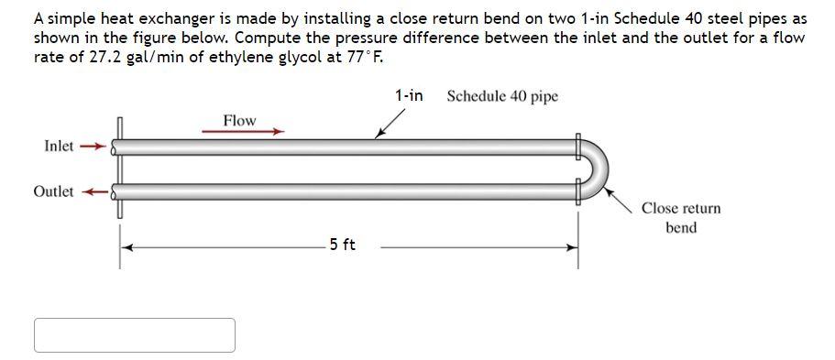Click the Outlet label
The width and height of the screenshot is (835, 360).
(x=53, y=191)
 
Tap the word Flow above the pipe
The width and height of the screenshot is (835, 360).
(x=240, y=120)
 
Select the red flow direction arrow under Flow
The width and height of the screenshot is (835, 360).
(x=243, y=132)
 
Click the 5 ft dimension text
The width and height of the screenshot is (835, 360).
(x=343, y=245)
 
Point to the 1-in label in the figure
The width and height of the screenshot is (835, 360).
(x=409, y=95)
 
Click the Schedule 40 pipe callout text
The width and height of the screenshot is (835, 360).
(x=502, y=96)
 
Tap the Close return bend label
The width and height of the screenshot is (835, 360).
(x=681, y=218)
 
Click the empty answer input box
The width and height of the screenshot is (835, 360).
(x=135, y=335)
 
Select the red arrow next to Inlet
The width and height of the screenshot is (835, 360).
(x=93, y=146)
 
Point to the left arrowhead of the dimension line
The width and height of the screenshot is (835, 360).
(x=129, y=246)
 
